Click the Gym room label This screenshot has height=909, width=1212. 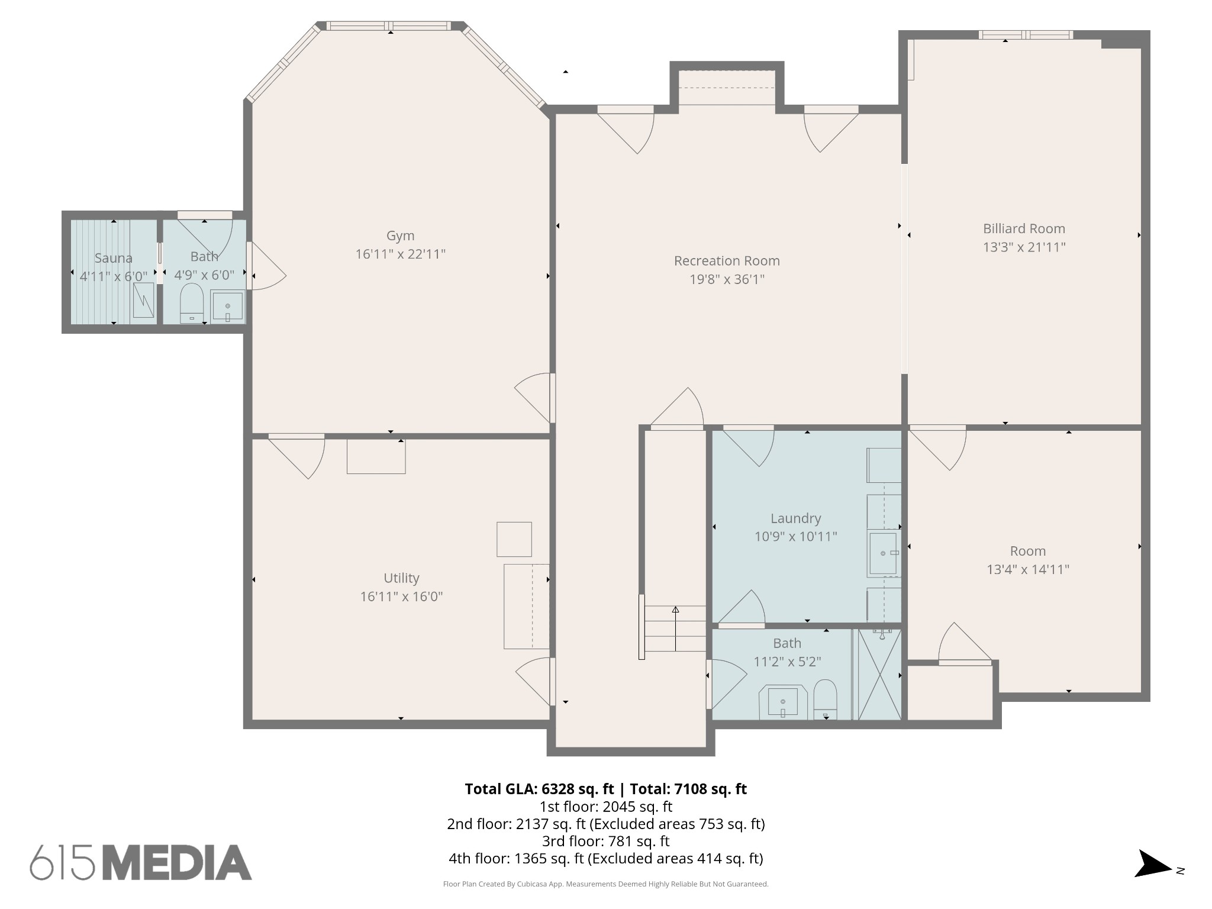[x=400, y=236]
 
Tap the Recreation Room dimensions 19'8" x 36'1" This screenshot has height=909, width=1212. [x=727, y=279]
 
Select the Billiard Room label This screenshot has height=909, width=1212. [x=1024, y=228]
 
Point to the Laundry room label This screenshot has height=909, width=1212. [x=795, y=518]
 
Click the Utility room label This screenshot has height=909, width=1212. [x=401, y=578]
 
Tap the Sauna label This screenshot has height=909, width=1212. [x=114, y=258]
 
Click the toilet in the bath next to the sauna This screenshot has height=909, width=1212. [x=191, y=303]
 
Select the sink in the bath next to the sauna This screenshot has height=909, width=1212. [x=228, y=307]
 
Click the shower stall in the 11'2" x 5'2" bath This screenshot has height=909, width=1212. [x=879, y=674]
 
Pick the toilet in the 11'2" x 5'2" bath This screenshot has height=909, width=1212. [x=825, y=700]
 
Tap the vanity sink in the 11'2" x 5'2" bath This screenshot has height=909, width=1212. [x=783, y=702]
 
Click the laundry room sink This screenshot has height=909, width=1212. [x=884, y=553]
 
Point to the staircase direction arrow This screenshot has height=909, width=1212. [x=675, y=628]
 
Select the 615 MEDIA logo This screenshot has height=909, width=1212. [x=141, y=862]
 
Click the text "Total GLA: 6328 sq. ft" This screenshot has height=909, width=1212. [x=539, y=789]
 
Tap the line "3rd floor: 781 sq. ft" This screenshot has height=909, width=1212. [x=605, y=841]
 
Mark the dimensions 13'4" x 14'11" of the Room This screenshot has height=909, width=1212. [x=1028, y=569]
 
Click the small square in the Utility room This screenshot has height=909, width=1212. [x=514, y=539]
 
